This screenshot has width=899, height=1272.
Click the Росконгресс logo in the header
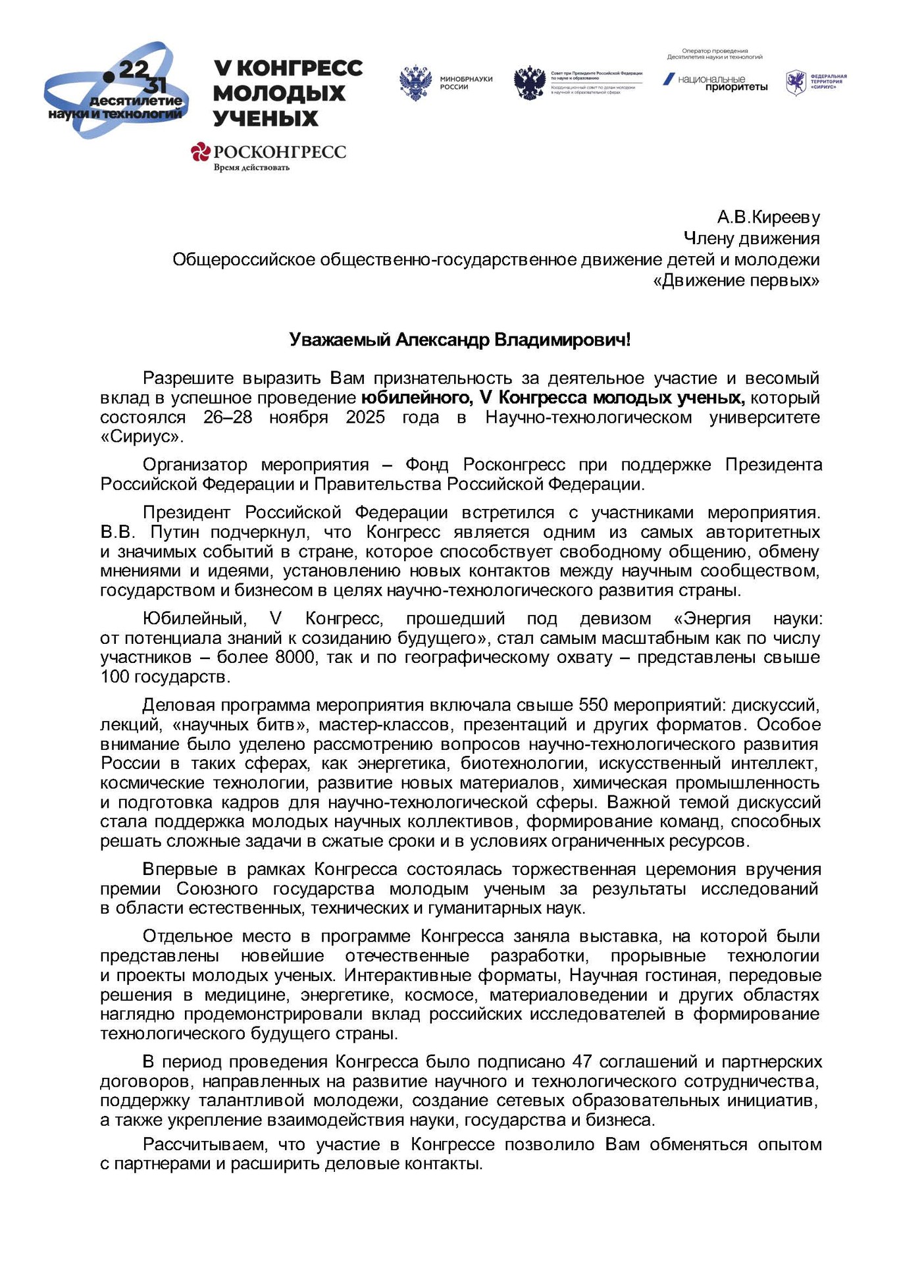tap(269, 152)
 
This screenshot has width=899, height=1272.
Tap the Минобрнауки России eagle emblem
tap(415, 83)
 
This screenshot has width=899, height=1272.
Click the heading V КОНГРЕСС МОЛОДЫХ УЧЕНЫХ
tap(288, 93)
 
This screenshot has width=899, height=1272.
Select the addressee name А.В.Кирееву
tap(768, 217)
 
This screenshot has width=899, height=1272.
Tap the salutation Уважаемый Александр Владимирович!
tap(460, 340)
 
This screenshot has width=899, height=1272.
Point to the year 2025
tap(365, 417)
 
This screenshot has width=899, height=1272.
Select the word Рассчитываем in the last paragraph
tap(205, 1144)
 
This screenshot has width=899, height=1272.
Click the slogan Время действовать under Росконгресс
tap(251, 167)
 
